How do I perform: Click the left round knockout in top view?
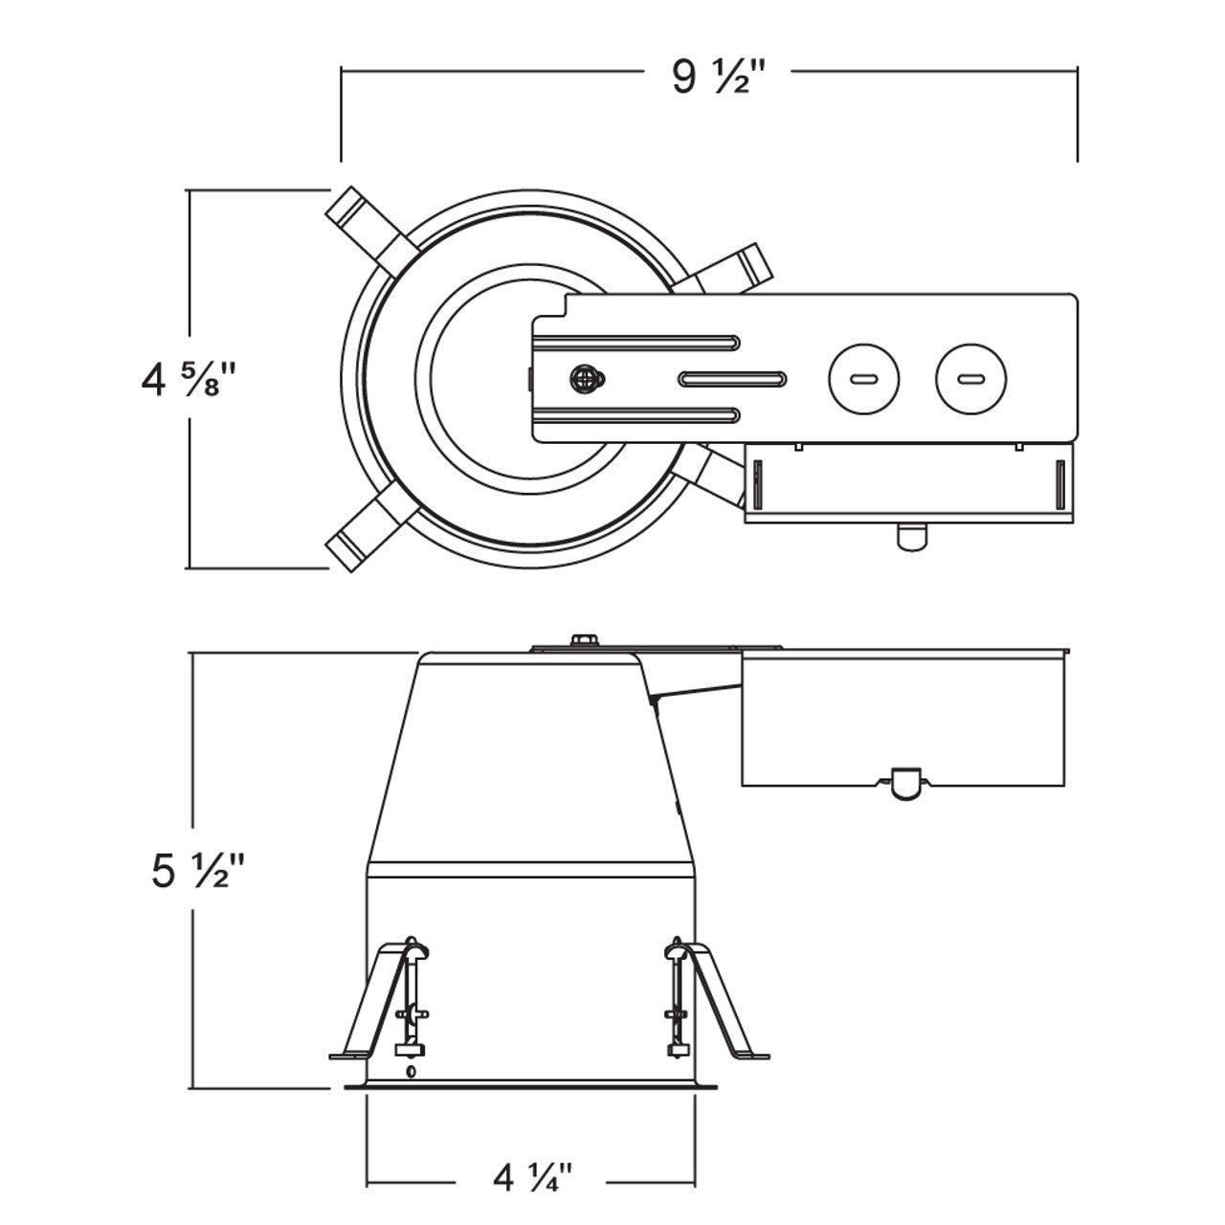864,379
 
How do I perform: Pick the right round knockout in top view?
970,379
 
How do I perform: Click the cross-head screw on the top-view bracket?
586,380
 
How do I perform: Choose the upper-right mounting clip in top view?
724,270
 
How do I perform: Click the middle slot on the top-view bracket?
732,380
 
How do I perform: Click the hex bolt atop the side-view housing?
584,639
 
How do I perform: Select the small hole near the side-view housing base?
411,1072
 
